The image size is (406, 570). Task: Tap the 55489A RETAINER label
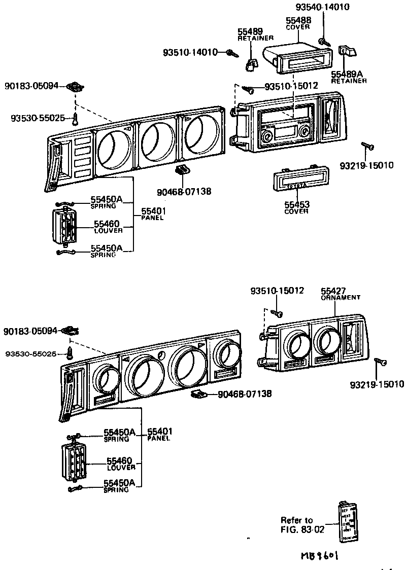coord(349,77)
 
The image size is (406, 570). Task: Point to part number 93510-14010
coord(190,52)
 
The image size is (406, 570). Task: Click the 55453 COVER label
coord(296,207)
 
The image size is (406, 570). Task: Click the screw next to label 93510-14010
coord(233,52)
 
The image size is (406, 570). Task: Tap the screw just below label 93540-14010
coord(322,41)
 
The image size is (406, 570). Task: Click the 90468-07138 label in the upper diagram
coord(184,191)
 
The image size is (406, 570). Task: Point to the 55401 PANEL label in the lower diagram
coord(160,435)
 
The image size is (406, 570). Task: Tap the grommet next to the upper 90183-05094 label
coord(75,87)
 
